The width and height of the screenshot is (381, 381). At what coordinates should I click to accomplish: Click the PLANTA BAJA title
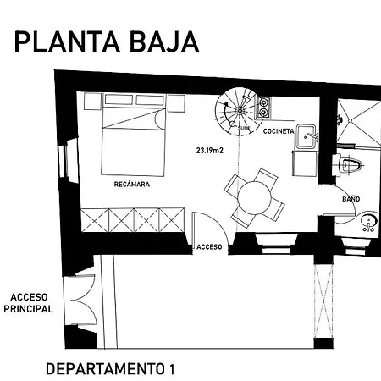point(107,41)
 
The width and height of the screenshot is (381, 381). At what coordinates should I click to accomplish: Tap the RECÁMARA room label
point(132,185)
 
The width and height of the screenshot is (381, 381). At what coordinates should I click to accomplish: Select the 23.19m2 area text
point(210,151)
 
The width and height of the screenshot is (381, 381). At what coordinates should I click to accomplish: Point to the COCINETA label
point(279,131)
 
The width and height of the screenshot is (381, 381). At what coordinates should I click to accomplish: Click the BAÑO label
point(351,199)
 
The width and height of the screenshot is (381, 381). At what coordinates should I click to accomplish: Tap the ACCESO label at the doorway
point(209,247)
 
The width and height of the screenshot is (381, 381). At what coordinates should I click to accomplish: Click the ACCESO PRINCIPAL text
point(29,303)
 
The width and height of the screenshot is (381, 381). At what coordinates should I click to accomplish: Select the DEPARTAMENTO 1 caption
point(110,369)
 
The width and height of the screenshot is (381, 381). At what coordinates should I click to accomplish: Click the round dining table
point(254,197)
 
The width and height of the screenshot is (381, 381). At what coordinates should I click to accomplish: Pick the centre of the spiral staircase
point(240,111)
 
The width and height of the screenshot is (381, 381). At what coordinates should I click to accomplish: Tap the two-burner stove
point(263,108)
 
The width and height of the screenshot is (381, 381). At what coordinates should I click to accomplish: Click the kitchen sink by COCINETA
point(306,136)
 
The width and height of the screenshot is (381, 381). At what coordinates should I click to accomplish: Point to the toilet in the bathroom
point(350,166)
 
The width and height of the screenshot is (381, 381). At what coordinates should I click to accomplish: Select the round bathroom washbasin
point(369,222)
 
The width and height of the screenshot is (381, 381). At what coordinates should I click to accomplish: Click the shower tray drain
point(350,120)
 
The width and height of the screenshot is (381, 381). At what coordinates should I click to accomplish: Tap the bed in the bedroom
point(133,135)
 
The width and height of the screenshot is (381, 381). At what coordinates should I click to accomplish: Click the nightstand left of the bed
point(92,102)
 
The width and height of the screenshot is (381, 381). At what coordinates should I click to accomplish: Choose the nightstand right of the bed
point(176,103)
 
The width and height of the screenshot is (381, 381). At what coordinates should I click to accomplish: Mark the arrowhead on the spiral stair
point(225,104)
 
